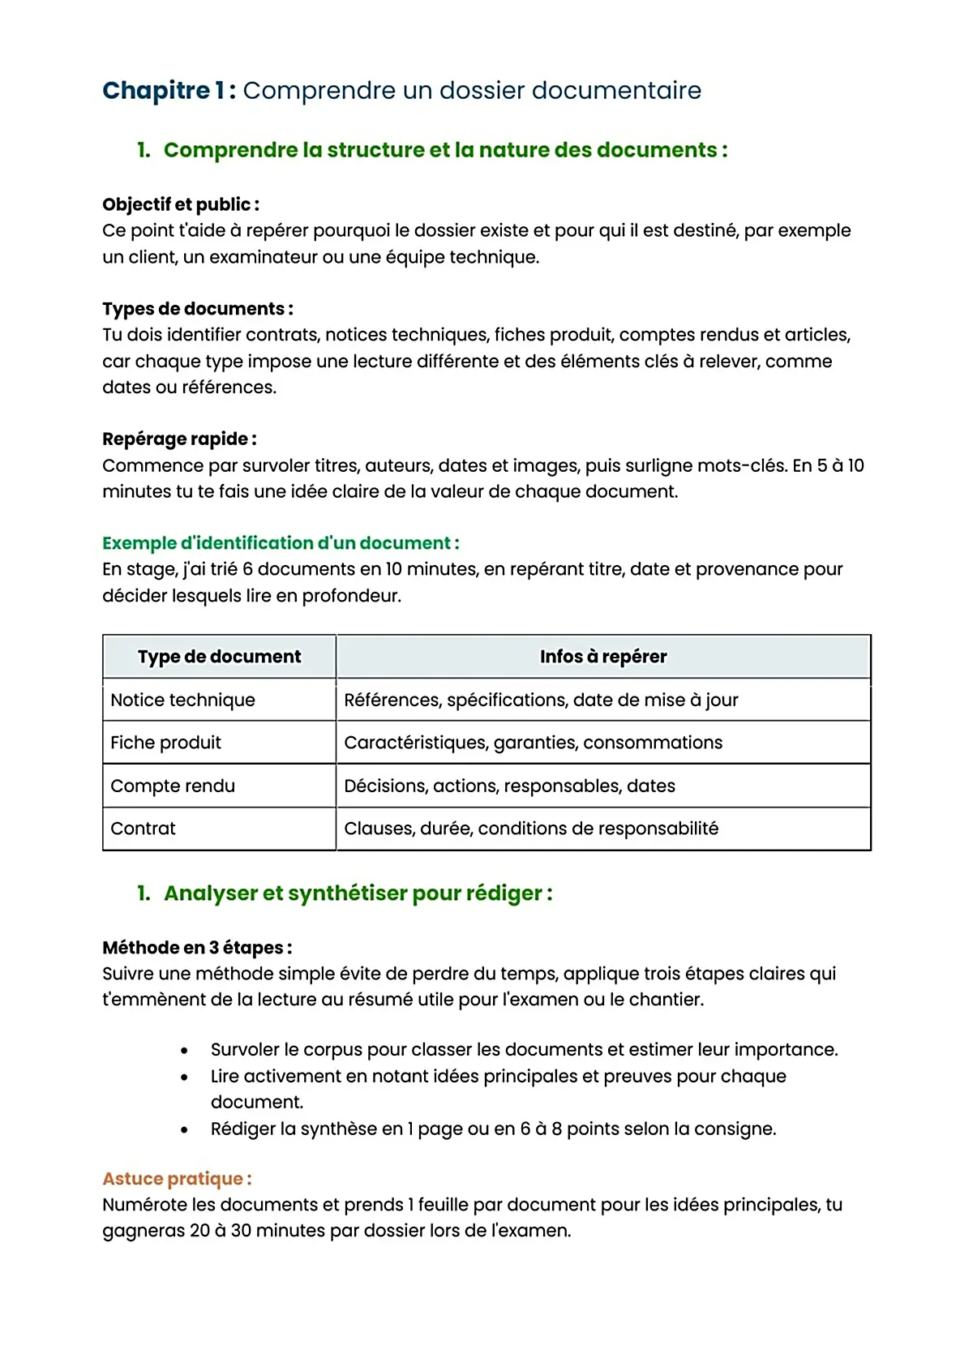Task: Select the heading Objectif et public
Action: coord(180,204)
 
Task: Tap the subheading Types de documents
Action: coord(197,309)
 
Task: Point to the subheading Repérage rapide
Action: coord(179,439)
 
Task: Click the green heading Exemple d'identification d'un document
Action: coord(280,542)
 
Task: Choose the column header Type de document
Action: coord(219,657)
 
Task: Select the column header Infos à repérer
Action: coord(603,657)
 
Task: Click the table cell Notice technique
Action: coord(182,700)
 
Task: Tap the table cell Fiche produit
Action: coord(165,743)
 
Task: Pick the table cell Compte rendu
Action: coord(173,786)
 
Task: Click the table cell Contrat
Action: coord(143,829)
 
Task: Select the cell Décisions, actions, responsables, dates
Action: coord(509,786)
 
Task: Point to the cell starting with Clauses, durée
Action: coord(530,829)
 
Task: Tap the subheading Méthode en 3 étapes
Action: coord(196,948)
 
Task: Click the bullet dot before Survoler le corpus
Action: coord(185,1051)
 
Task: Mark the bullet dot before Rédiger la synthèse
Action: coord(185,1129)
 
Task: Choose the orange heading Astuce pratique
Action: coord(176,1179)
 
